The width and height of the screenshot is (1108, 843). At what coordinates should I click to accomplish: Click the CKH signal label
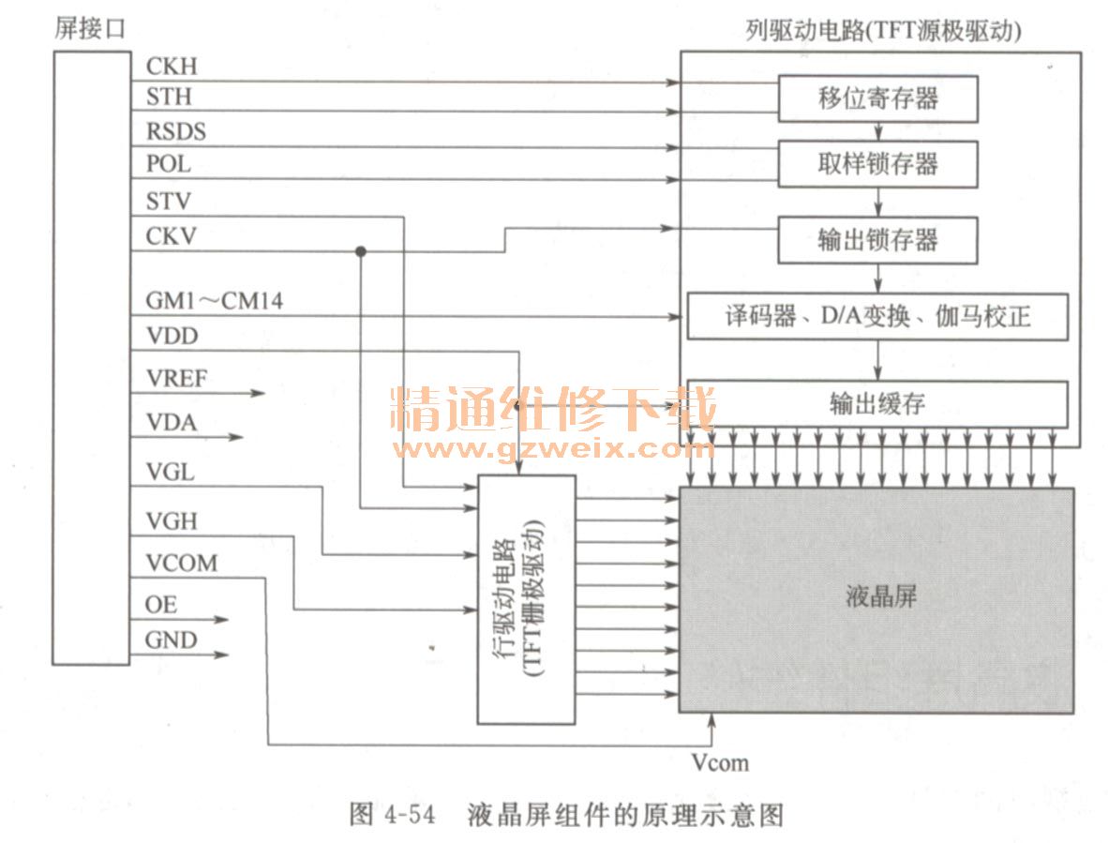point(172,68)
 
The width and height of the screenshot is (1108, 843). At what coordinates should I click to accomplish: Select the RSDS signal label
point(176,131)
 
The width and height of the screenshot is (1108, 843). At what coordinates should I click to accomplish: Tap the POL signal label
point(169,164)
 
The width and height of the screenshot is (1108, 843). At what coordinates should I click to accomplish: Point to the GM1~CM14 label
point(215,302)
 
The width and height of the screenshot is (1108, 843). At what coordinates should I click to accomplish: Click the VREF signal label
point(177,379)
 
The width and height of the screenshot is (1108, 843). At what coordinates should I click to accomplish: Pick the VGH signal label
point(172,520)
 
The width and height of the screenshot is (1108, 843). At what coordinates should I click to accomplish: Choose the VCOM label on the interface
point(182,563)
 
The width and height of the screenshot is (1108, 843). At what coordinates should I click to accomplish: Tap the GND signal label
point(172,640)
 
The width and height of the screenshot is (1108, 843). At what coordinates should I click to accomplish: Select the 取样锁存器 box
point(878,165)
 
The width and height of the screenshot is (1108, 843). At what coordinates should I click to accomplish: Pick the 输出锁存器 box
point(878,240)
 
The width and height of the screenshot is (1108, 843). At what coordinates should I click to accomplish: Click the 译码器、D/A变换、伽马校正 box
point(877,316)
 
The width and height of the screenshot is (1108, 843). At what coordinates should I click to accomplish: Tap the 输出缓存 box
point(877,403)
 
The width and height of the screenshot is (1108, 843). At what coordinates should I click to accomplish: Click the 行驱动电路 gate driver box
point(526,599)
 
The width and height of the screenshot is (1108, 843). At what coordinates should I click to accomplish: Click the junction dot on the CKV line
point(361,251)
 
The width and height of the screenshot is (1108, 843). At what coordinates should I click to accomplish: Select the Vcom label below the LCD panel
point(720,762)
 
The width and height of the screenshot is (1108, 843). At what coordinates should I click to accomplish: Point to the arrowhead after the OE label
point(222,620)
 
